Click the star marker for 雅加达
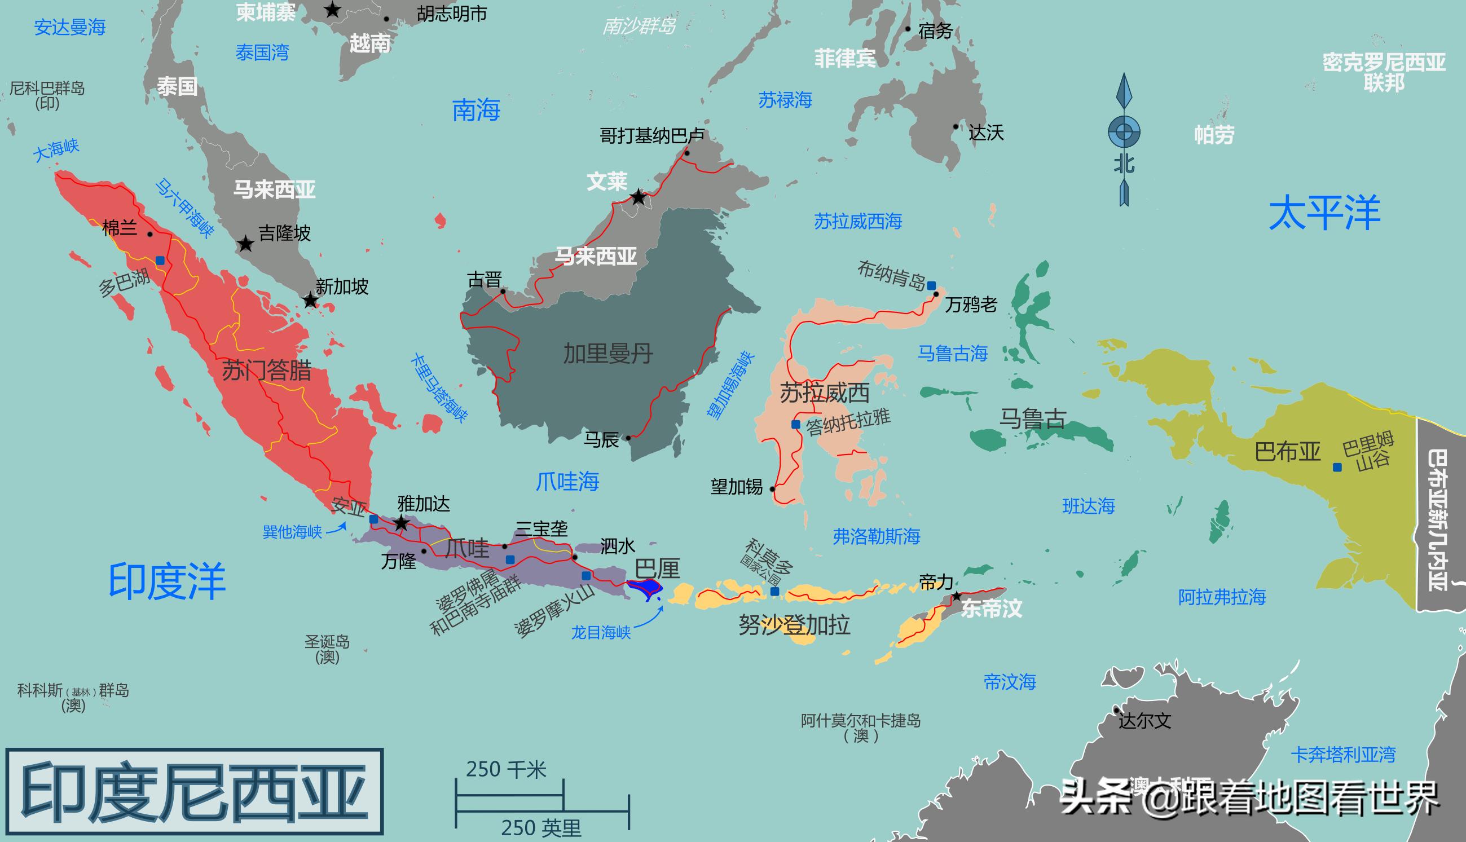(x=400, y=524)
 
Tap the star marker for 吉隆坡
(x=246, y=244)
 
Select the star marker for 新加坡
(x=311, y=301)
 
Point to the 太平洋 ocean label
(x=1324, y=213)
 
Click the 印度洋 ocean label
(x=166, y=581)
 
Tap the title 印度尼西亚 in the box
(x=194, y=791)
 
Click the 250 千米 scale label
(x=506, y=770)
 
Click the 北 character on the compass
(x=1124, y=165)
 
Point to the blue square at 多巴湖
(x=160, y=261)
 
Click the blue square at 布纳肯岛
(x=931, y=286)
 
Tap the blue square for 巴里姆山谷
(x=1337, y=468)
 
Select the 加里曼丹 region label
(x=608, y=354)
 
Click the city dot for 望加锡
(x=772, y=488)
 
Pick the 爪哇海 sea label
(x=567, y=481)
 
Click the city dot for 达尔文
(x=1116, y=710)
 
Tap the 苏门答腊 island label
(x=267, y=370)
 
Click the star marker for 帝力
(x=957, y=596)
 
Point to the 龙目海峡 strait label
(x=601, y=632)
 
